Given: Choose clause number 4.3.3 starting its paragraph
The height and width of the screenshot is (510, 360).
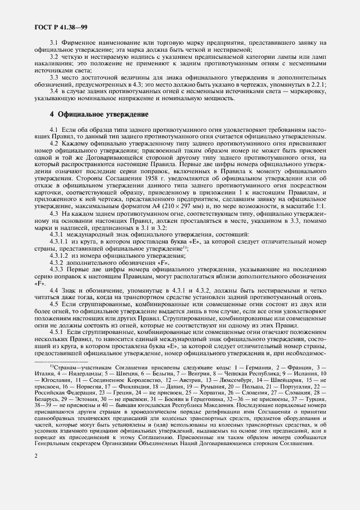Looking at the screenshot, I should [x=57, y=270].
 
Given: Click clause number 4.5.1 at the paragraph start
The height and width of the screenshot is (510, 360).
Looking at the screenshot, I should [x=57, y=332].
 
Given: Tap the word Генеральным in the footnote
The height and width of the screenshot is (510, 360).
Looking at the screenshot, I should [x=50, y=445].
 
